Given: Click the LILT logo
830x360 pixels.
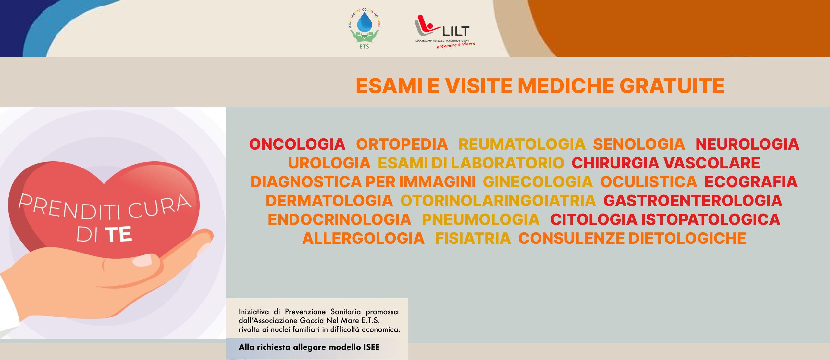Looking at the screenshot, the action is pyautogui.click(x=445, y=31).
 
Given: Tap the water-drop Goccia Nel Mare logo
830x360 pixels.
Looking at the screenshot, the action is pyautogui.click(x=364, y=29).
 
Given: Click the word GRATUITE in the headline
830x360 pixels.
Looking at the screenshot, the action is pyautogui.click(x=672, y=86).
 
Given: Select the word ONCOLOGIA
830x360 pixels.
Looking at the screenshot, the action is pyautogui.click(x=297, y=144).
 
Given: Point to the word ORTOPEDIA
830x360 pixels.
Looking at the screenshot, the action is pyautogui.click(x=402, y=144).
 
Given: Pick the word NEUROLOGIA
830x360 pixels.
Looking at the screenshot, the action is pyautogui.click(x=747, y=144).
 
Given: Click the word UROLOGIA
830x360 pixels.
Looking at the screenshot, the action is pyautogui.click(x=329, y=163).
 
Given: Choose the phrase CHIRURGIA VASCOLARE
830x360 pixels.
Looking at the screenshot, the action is pyautogui.click(x=666, y=163).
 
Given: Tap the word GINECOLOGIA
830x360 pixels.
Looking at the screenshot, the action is pyautogui.click(x=538, y=182).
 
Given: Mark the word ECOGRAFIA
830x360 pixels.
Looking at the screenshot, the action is pyautogui.click(x=751, y=182).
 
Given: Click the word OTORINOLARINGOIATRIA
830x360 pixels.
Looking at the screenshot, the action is pyautogui.click(x=498, y=201).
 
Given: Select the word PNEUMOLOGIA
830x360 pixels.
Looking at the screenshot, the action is pyautogui.click(x=481, y=219).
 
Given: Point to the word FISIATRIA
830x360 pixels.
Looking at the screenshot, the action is pyautogui.click(x=473, y=238).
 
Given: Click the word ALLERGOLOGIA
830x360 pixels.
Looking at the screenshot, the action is pyautogui.click(x=363, y=238).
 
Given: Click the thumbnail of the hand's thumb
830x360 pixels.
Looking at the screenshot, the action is pyautogui.click(x=142, y=260).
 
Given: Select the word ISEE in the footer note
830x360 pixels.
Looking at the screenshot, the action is pyautogui.click(x=371, y=347).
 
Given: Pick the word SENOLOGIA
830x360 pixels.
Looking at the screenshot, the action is pyautogui.click(x=639, y=144).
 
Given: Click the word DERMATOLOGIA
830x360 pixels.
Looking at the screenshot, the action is pyautogui.click(x=329, y=201).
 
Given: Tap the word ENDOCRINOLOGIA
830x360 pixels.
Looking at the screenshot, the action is pyautogui.click(x=340, y=219).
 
